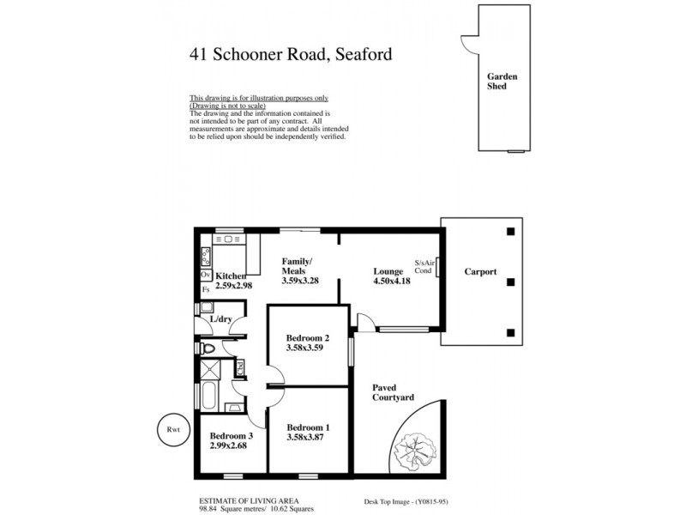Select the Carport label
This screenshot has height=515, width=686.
(x=480, y=272)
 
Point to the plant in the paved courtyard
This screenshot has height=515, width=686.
(x=416, y=447)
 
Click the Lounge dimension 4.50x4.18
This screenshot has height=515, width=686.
(x=391, y=281)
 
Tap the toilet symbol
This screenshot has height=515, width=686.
(x=209, y=349)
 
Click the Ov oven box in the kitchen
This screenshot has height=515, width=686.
(x=206, y=275)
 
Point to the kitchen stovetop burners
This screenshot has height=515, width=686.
(x=206, y=255)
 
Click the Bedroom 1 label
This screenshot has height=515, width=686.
(x=308, y=427)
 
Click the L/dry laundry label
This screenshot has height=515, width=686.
(x=221, y=319)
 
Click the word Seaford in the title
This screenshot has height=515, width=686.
(x=360, y=55)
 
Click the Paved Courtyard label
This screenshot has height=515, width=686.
(x=393, y=393)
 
